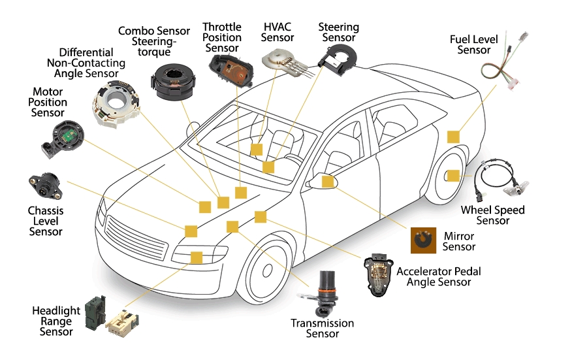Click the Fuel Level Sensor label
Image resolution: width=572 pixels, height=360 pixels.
point(473,44)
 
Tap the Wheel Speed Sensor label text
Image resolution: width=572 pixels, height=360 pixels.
point(492,215)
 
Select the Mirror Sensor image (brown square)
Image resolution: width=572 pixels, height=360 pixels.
point(422,240)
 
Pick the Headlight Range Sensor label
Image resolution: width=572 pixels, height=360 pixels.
point(56,321)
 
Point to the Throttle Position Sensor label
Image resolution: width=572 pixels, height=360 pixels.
point(221,37)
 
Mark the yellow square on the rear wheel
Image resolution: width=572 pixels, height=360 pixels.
point(453,175)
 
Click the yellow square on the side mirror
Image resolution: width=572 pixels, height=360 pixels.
point(327,181)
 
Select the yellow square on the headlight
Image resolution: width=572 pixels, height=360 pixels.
point(196,257)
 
